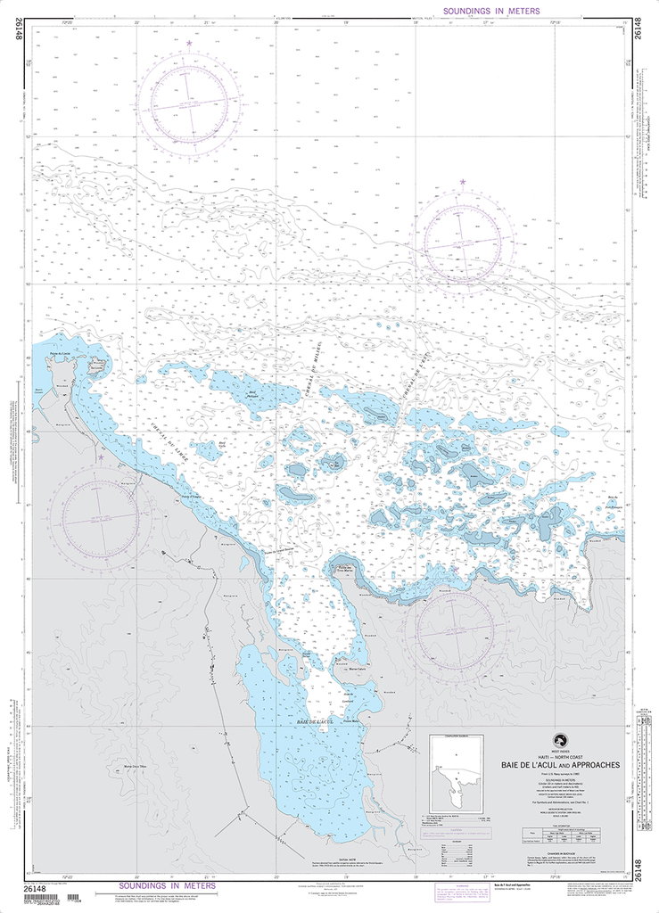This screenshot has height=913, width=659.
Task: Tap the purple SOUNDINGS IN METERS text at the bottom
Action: point(166,887)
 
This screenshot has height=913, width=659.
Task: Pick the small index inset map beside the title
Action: point(463,770)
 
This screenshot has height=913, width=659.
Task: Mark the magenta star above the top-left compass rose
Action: point(189,43)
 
